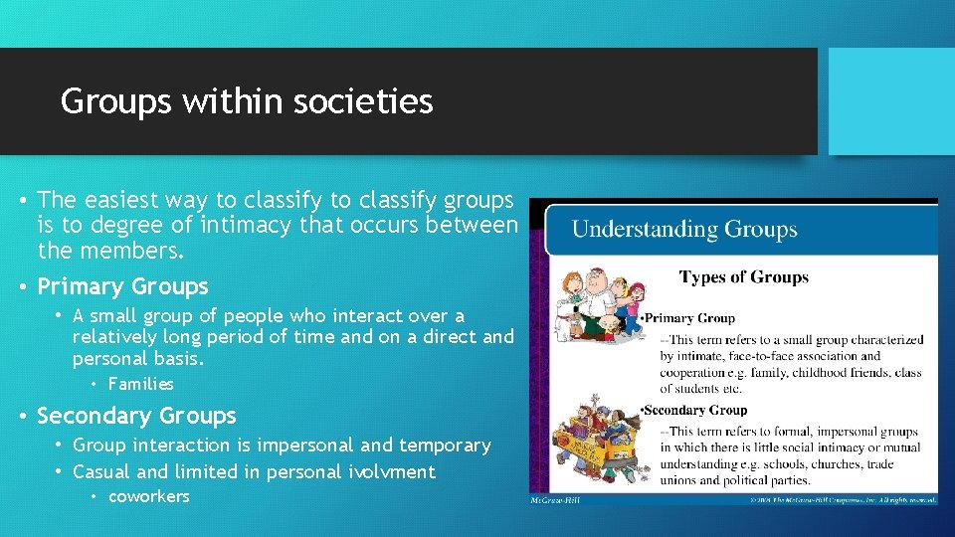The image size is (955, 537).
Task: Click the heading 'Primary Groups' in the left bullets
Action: pyautogui.click(x=122, y=286)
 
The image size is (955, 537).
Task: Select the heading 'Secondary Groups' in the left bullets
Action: pyautogui.click(x=136, y=416)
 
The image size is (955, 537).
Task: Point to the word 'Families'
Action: pyautogui.click(x=141, y=384)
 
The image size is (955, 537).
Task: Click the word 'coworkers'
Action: pyautogui.click(x=148, y=496)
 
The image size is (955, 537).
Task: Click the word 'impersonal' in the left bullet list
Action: pyautogui.click(x=299, y=445)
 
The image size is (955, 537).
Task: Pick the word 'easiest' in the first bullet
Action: pyautogui.click(x=145, y=199)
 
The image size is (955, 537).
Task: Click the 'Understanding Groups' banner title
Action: pyautogui.click(x=684, y=230)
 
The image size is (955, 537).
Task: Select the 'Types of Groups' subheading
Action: pyautogui.click(x=743, y=276)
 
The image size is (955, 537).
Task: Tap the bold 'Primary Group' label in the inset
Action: pyautogui.click(x=690, y=318)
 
